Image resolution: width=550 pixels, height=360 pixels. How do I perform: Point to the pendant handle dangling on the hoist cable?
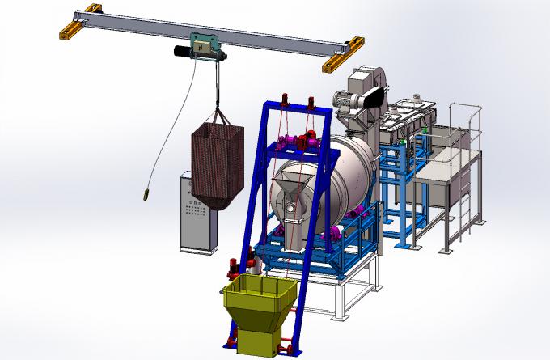point(146,193)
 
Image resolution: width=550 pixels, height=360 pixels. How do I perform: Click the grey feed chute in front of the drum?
point(293,198)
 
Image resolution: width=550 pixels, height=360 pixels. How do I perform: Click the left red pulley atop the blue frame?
point(285,100)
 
